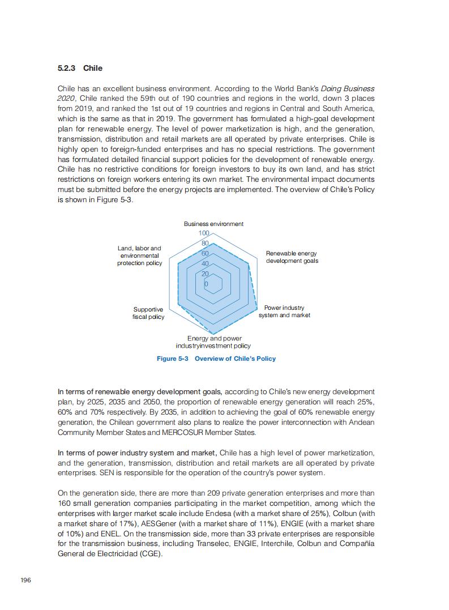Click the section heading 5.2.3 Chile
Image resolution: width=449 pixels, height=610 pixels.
(80, 68)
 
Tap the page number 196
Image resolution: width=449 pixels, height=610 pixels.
(25, 580)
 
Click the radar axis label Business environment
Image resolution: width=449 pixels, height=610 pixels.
(213, 224)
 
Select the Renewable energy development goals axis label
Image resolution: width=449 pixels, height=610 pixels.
(292, 257)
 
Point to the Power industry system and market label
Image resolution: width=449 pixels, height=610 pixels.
(284, 312)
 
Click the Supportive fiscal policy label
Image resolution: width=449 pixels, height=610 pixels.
(148, 313)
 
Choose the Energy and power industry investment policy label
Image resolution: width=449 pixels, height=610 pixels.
(213, 342)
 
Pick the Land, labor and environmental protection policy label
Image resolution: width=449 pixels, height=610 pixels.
(139, 255)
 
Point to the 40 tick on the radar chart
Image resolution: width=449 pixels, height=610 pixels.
(206, 264)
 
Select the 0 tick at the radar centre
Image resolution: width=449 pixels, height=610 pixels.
(206, 284)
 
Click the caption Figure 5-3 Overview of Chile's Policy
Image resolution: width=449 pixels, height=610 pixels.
(216, 359)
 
